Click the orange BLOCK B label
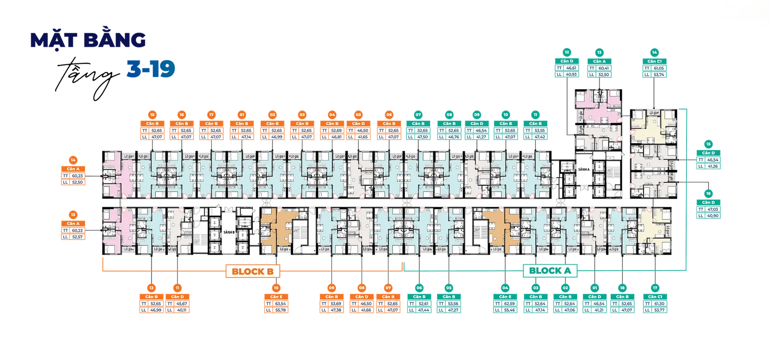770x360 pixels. pos(252,272)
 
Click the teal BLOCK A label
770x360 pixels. pos(550,271)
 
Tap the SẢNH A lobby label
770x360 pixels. pos(583,169)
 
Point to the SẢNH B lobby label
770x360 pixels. pos(229,232)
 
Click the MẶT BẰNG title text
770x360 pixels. pos(88,41)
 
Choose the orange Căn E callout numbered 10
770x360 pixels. pos(276,303)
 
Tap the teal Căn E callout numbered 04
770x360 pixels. pos(505,303)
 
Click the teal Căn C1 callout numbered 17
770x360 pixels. pos(655,303)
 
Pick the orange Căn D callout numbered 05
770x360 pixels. pos(358,130)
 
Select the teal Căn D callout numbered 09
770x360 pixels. pos(477,130)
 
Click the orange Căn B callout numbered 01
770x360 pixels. pos(242,130)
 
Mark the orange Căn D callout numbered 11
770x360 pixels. pos(178,303)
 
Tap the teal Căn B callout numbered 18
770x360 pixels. pos(622,303)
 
